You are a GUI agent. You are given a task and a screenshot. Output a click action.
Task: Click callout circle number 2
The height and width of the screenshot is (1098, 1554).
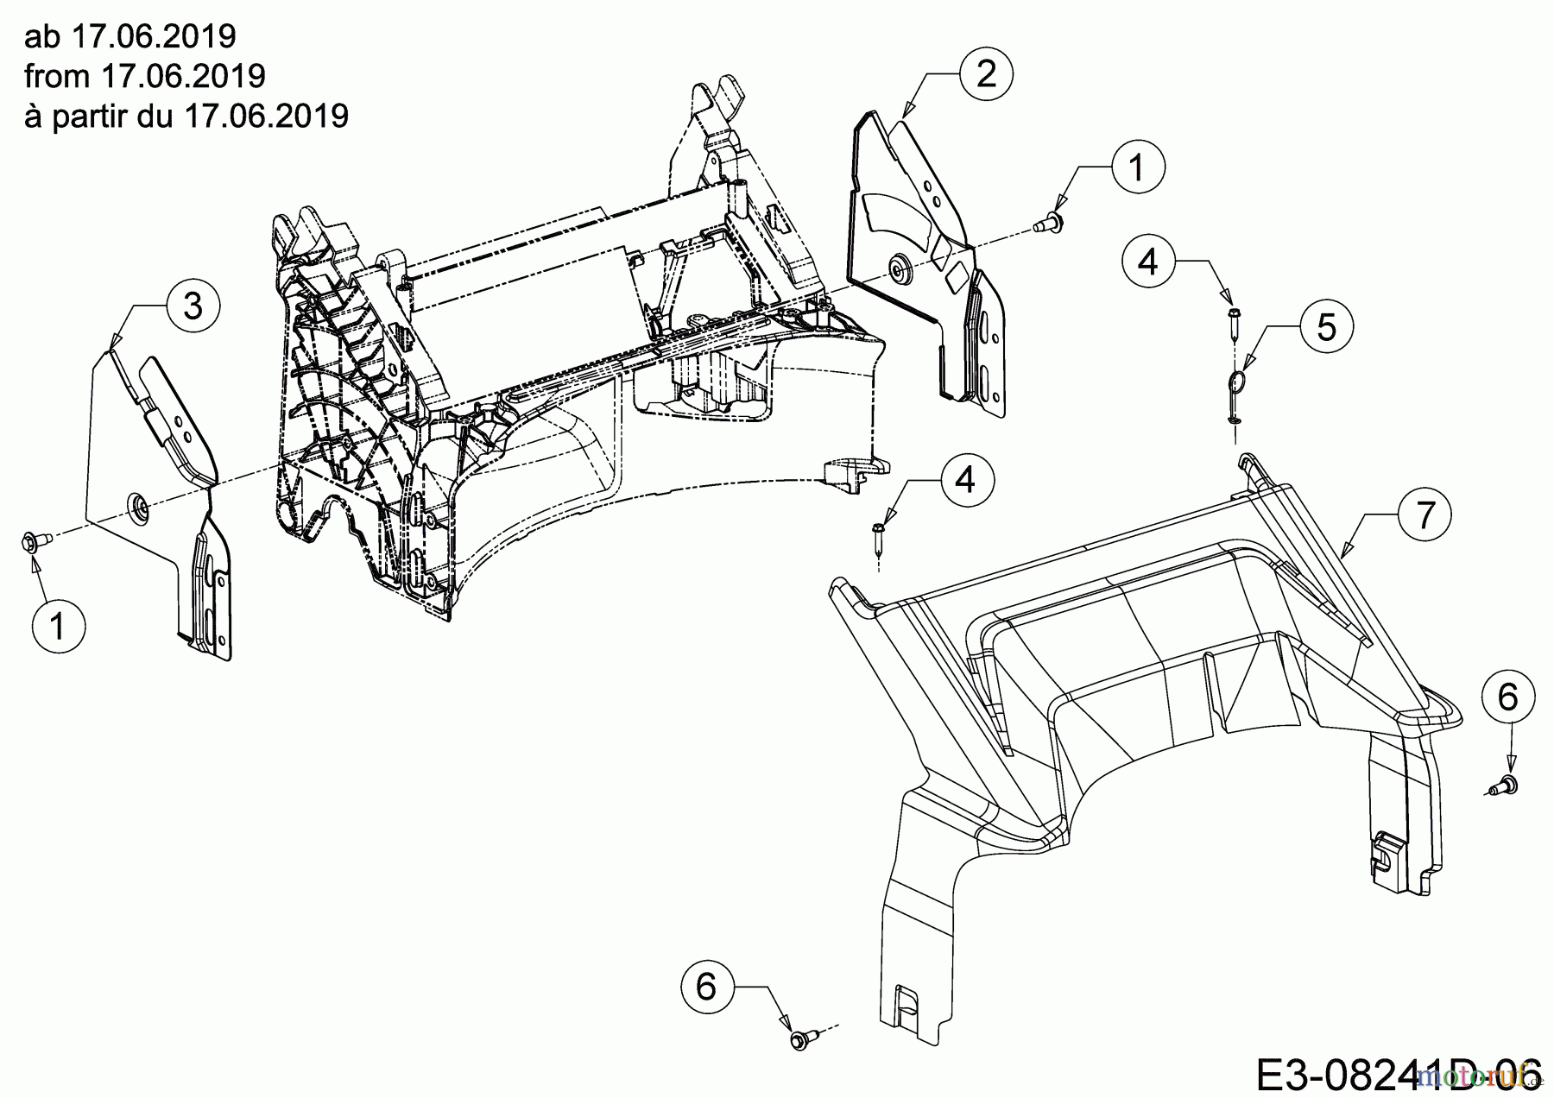[986, 74]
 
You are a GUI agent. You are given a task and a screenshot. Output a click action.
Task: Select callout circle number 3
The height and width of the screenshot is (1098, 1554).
[193, 306]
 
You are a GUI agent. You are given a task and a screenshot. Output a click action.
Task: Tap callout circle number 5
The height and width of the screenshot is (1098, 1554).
[1327, 327]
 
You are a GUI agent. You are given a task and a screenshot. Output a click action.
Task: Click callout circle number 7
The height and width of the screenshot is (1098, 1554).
[1425, 515]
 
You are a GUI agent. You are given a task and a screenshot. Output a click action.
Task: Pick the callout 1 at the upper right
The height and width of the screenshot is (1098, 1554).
[1137, 167]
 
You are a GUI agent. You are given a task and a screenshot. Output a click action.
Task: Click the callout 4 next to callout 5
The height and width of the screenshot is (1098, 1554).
[1148, 260]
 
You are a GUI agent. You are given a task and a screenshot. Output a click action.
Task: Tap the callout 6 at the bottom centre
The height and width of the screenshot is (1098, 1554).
[706, 986]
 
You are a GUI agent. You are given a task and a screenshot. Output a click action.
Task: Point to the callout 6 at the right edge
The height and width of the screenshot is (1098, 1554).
[1507, 697]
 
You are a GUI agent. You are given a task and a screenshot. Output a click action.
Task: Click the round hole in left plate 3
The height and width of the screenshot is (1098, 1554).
[136, 504]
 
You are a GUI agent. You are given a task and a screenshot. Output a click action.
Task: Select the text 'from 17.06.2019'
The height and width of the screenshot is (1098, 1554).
[145, 76]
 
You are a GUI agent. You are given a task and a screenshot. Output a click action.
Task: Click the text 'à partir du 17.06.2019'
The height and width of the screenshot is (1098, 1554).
[186, 115]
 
